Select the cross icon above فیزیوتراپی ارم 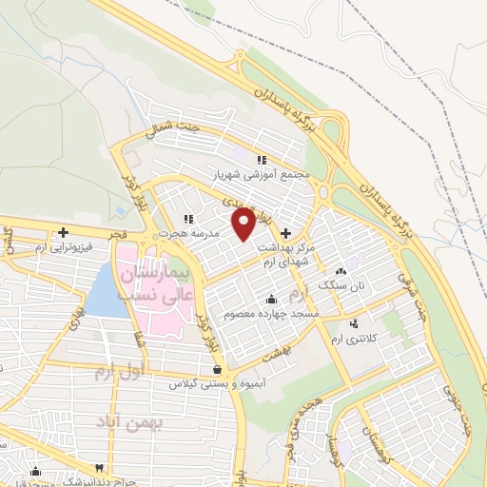64,232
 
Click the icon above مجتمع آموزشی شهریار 263,160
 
